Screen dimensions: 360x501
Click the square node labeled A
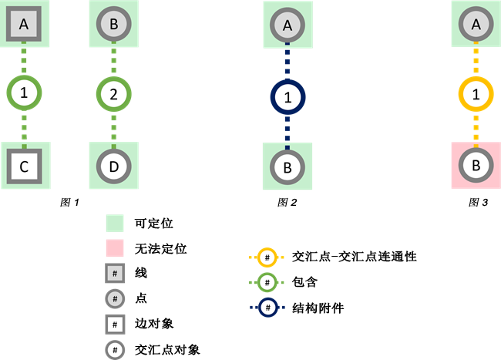(x=24, y=25)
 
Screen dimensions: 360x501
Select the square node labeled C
(x=24, y=166)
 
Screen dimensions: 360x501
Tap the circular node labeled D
(x=114, y=166)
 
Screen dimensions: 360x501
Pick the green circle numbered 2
(x=114, y=95)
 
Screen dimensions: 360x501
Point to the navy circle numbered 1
(x=287, y=98)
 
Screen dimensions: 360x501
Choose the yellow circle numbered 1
(x=476, y=95)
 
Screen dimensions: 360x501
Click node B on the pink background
(x=476, y=166)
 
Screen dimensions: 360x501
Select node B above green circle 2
(x=114, y=25)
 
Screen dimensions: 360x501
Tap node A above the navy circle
(x=287, y=25)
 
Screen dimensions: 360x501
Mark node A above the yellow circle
(x=476, y=25)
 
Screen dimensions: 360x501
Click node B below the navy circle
(x=287, y=166)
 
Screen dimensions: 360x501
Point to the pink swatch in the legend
(x=115, y=248)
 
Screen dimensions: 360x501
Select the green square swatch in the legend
(x=115, y=224)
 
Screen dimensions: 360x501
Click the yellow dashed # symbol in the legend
(x=267, y=257)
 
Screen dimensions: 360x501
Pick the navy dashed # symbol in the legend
(x=267, y=306)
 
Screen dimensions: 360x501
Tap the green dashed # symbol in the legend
(x=267, y=281)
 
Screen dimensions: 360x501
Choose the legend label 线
(x=140, y=273)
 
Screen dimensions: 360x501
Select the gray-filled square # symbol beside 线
(x=115, y=274)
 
